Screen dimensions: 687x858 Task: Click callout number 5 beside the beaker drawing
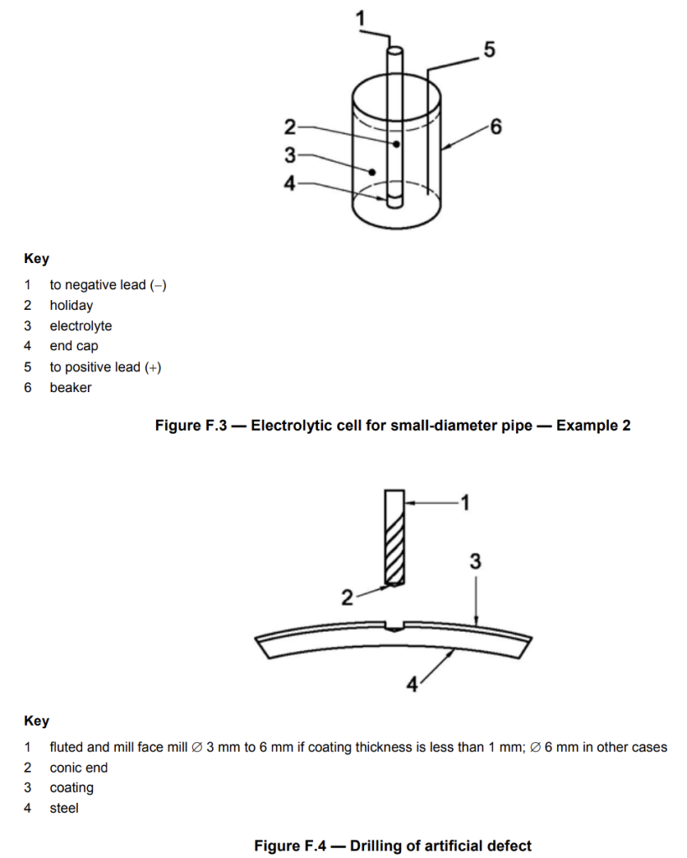click(489, 49)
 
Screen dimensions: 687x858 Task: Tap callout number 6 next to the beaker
click(496, 127)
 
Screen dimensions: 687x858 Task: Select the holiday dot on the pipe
click(396, 144)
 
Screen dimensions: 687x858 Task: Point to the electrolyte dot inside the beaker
click(372, 172)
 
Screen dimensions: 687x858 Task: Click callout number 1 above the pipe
click(360, 18)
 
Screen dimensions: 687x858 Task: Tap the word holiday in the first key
click(71, 305)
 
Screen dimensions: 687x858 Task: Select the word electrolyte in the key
click(81, 326)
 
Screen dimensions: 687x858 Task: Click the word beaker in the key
click(70, 387)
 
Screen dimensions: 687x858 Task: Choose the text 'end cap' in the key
click(74, 346)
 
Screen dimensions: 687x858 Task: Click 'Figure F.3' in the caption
click(190, 425)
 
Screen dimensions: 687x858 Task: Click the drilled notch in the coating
click(394, 627)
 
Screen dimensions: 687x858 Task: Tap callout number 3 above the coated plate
click(475, 561)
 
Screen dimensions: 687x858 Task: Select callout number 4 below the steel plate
click(412, 684)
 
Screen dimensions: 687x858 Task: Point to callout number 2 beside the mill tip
click(346, 597)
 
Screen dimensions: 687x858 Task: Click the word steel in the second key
click(64, 808)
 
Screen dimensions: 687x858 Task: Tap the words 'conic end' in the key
click(78, 768)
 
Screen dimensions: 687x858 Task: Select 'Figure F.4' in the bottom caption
click(289, 845)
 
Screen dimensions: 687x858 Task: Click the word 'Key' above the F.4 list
click(37, 721)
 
